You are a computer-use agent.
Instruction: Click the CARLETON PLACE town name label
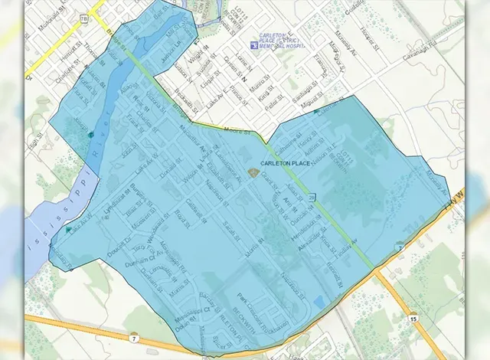point(285,163)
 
